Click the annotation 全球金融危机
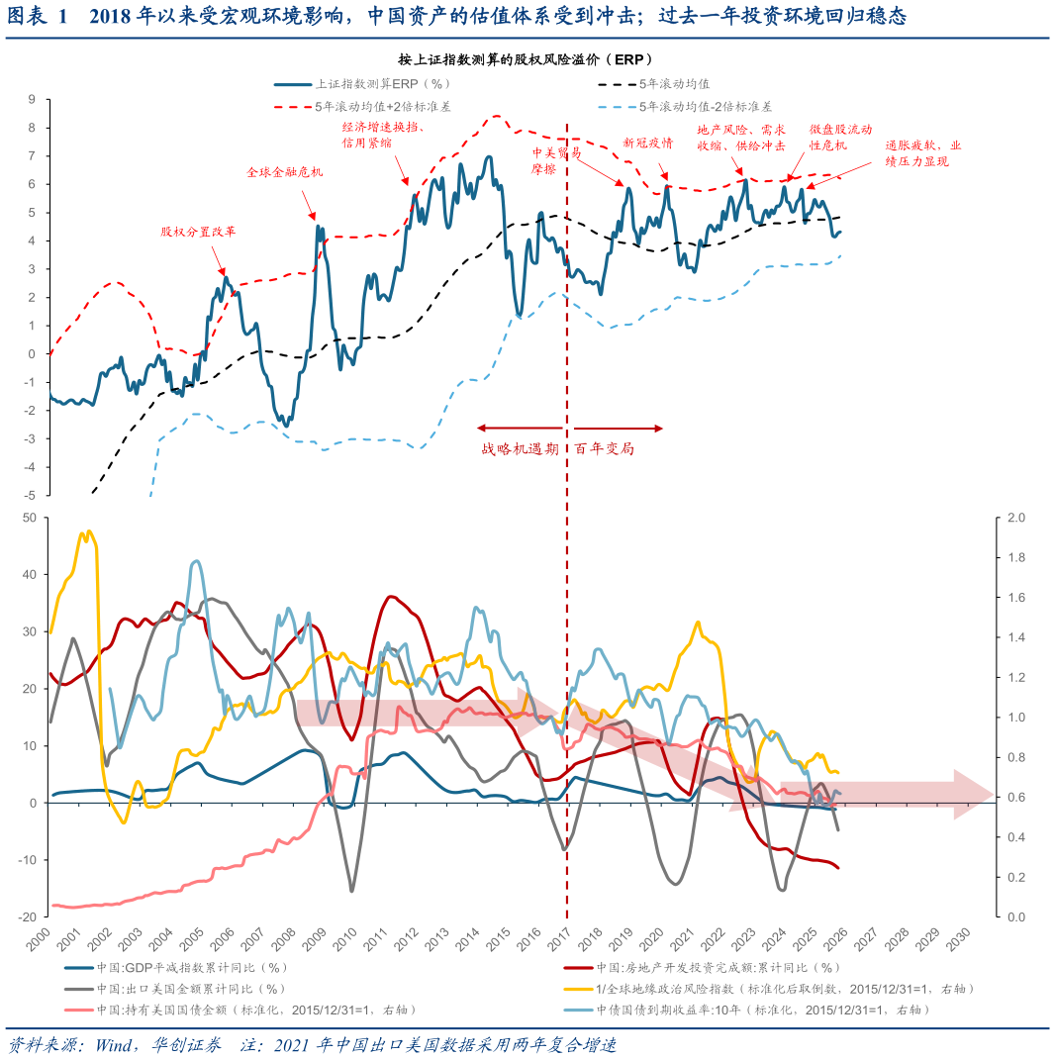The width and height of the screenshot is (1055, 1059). click(x=284, y=172)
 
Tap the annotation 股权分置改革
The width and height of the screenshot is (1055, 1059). click(x=199, y=232)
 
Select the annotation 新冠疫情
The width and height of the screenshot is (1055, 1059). click(x=647, y=143)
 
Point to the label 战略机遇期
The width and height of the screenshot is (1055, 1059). click(x=520, y=448)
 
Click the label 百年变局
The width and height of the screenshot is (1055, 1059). click(x=604, y=448)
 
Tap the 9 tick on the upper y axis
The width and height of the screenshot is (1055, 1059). click(x=32, y=99)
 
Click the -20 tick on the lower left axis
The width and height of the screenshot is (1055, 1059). click(x=29, y=917)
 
